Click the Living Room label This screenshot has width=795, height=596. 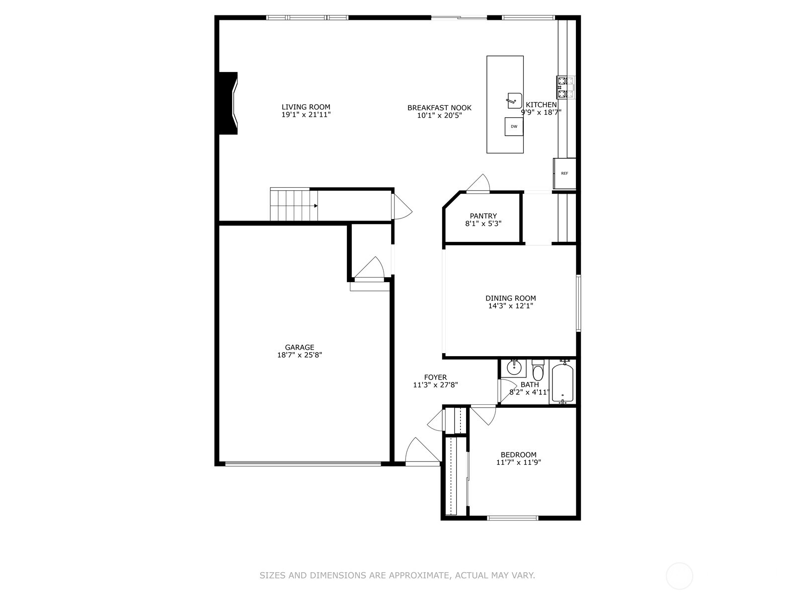pyautogui.click(x=306, y=107)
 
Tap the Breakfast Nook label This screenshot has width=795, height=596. pyautogui.click(x=439, y=108)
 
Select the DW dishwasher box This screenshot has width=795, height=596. pyautogui.click(x=514, y=127)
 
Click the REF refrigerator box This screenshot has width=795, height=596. pyautogui.click(x=564, y=173)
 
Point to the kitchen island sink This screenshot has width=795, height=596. pyautogui.click(x=514, y=100)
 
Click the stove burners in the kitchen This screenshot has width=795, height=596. pyautogui.click(x=565, y=87)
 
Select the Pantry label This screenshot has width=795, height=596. pyautogui.click(x=483, y=216)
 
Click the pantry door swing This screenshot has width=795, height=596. pyautogui.click(x=480, y=183)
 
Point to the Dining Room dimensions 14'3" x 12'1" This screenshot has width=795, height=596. pyautogui.click(x=510, y=306)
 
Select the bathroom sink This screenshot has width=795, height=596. pyautogui.click(x=513, y=368)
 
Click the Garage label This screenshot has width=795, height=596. pyautogui.click(x=299, y=347)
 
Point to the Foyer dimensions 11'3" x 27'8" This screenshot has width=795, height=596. pyautogui.click(x=435, y=385)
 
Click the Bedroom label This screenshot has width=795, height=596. pyautogui.click(x=518, y=454)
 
